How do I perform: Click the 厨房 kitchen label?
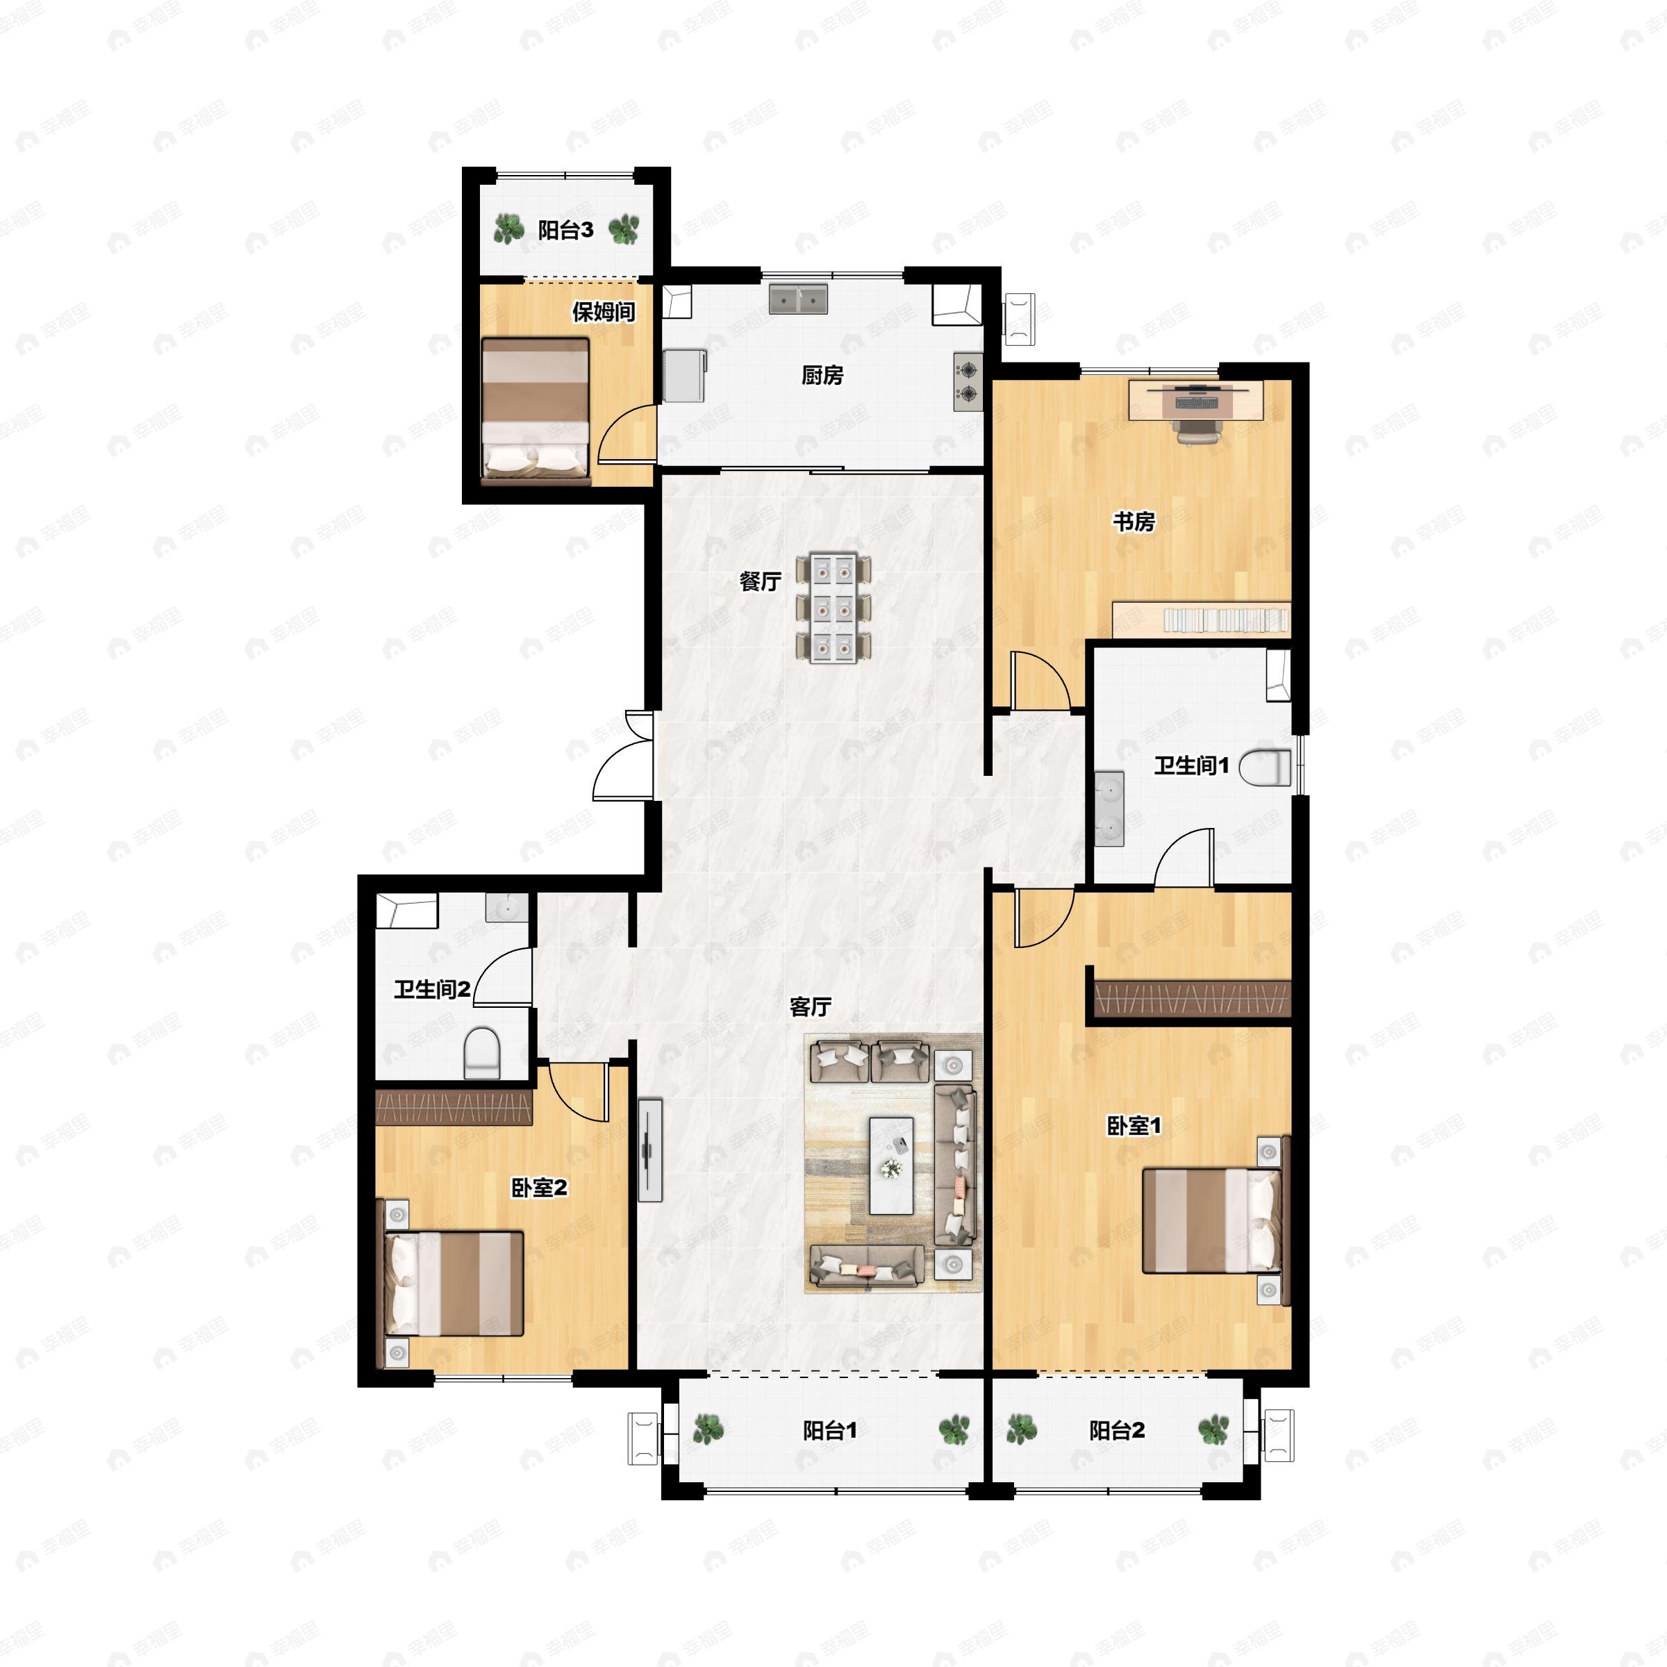(822, 375)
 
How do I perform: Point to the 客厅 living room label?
(810, 1006)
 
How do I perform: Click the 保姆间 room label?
(603, 311)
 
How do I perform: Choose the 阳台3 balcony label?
(565, 231)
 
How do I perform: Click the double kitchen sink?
(798, 299)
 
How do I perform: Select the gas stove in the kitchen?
(968, 381)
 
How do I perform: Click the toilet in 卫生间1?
(1265, 767)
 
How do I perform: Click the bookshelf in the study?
(1201, 619)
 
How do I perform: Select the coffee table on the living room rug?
(891, 1165)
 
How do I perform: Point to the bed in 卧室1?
(1211, 1220)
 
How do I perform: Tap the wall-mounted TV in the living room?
(649, 1150)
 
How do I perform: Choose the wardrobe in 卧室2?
(454, 1108)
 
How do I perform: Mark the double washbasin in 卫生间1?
(1110, 808)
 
